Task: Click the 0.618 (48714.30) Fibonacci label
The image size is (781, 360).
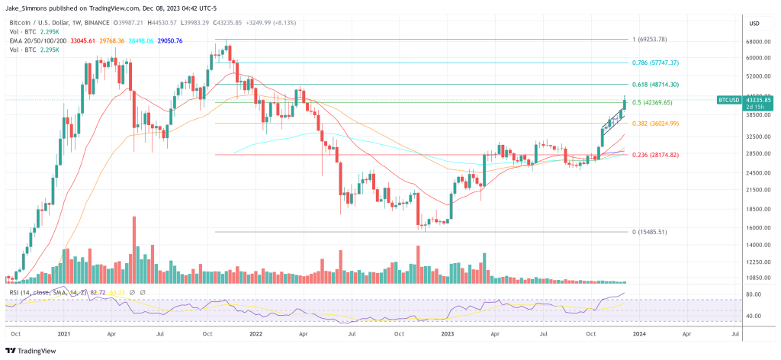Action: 655,84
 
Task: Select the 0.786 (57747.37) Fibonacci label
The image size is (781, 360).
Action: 655,63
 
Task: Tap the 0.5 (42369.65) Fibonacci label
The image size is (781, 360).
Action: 651,102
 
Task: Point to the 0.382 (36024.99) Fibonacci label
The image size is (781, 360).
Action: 655,124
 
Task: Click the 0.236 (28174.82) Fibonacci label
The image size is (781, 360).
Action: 655,155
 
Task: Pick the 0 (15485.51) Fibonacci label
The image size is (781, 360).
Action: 651,232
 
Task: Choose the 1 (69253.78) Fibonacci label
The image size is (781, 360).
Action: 651,39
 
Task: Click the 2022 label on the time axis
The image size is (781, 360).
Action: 254,333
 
